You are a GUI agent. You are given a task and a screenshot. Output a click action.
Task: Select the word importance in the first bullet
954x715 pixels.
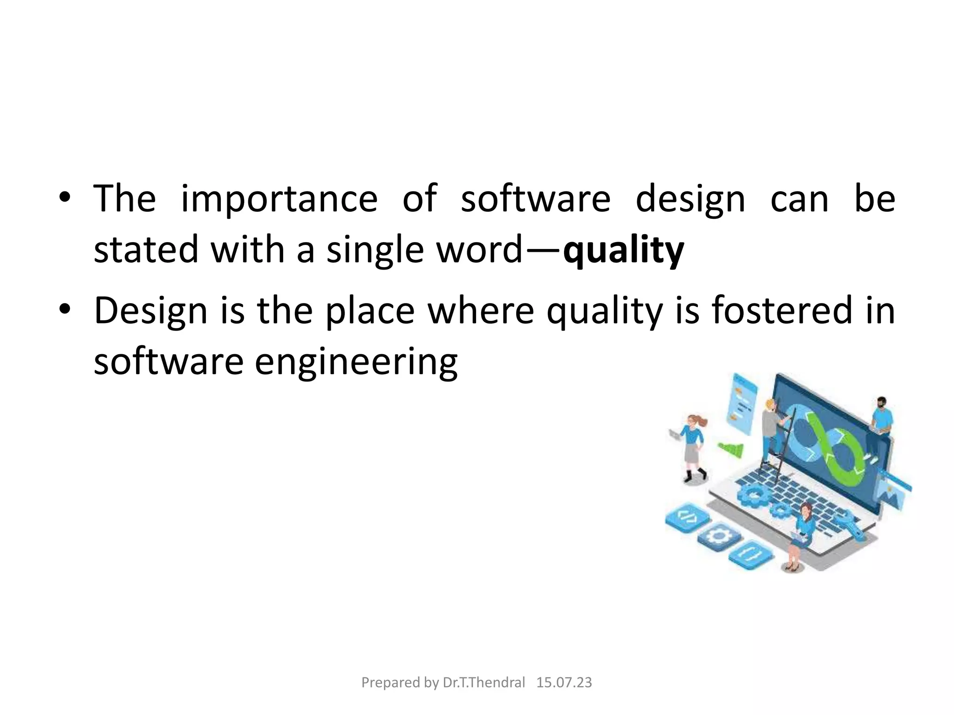(279, 199)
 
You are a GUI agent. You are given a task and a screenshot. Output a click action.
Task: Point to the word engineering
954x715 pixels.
(356, 362)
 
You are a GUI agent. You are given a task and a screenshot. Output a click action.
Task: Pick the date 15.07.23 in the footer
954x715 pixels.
(564, 683)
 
